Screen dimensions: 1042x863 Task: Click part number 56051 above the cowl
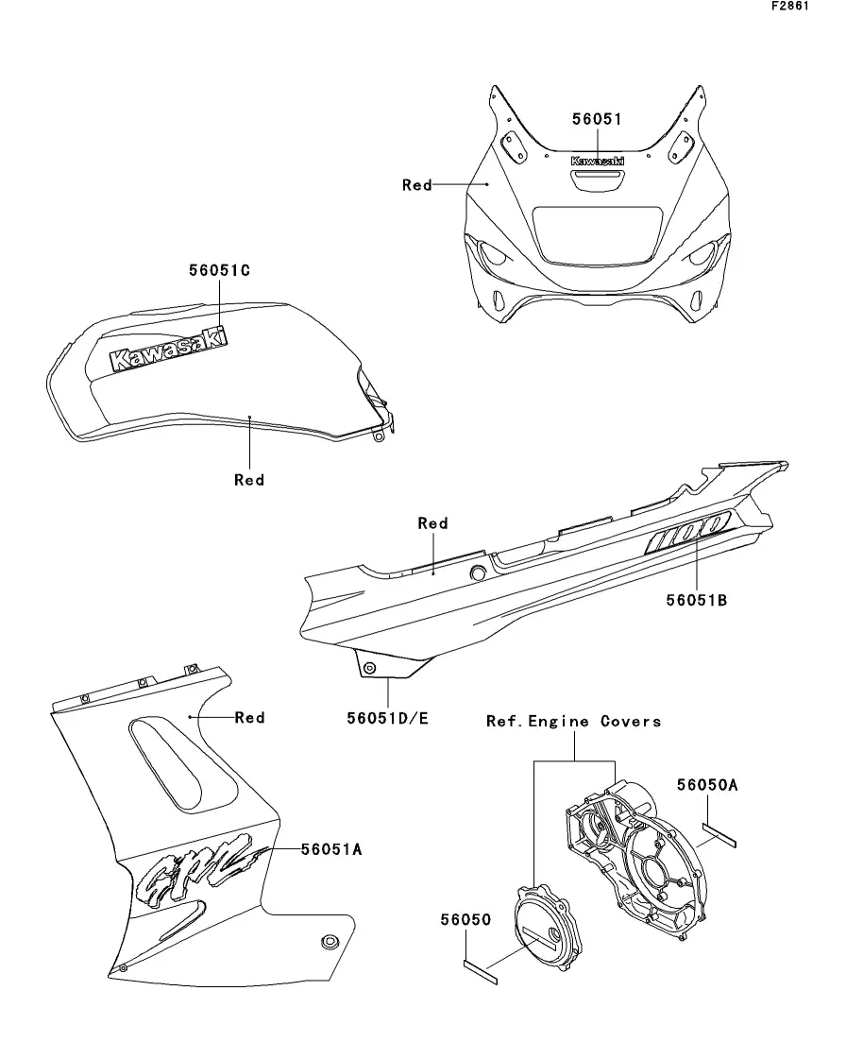597,119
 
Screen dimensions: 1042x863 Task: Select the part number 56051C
219,269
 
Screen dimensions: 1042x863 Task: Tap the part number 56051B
695,598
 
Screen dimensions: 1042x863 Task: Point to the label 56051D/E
387,718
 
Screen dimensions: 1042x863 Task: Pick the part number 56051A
331,849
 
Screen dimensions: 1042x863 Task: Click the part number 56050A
708,784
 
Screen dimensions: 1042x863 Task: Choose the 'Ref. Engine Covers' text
573,722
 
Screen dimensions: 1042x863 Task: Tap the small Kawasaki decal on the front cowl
597,162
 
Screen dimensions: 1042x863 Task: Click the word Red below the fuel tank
249,480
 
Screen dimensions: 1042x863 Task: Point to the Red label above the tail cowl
432,523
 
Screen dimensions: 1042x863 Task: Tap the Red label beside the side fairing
249,718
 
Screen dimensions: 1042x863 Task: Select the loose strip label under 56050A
722,831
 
